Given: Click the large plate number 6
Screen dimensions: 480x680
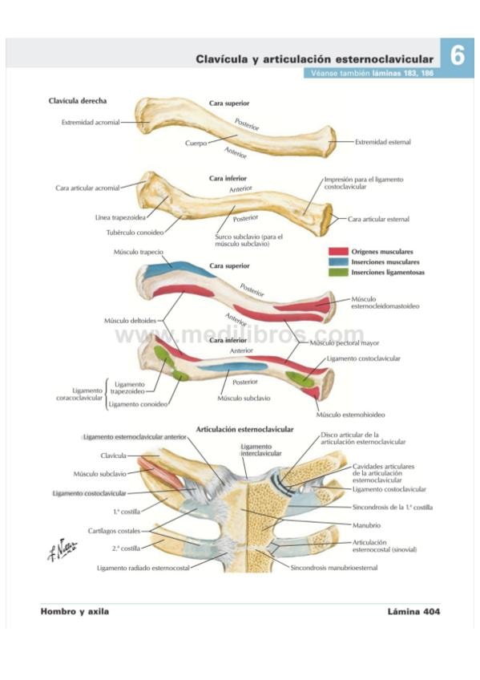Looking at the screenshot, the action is click(x=457, y=56).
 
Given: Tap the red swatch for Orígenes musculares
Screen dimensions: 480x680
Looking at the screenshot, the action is click(x=338, y=252).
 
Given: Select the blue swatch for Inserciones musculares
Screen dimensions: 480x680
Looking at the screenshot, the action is click(x=338, y=262).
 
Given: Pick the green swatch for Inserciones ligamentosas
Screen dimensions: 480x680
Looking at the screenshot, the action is click(x=338, y=273).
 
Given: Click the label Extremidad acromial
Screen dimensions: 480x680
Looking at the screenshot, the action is click(x=91, y=123).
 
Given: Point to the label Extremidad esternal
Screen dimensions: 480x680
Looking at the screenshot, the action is click(x=383, y=142).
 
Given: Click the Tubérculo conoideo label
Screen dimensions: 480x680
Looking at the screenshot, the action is click(x=135, y=233).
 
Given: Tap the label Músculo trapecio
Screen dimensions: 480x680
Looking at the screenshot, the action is click(x=139, y=252).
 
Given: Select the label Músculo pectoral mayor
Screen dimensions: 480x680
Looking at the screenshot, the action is click(x=345, y=343).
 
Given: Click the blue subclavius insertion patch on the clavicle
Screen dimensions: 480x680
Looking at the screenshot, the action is click(x=233, y=367).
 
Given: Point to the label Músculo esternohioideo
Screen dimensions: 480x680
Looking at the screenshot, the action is click(x=350, y=415).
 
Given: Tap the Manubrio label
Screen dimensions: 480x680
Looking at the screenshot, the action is click(x=366, y=525).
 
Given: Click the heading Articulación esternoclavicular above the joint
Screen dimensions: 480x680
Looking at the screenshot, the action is click(x=244, y=429).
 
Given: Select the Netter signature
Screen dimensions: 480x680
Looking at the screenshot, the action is click(x=62, y=549).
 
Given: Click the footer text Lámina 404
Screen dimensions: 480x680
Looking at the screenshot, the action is click(x=413, y=612).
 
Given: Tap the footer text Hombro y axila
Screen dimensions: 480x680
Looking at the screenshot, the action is click(x=75, y=612).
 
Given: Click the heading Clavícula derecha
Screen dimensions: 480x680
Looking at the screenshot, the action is click(x=78, y=100).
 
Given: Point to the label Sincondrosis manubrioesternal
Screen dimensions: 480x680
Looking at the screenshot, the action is click(x=334, y=567).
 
